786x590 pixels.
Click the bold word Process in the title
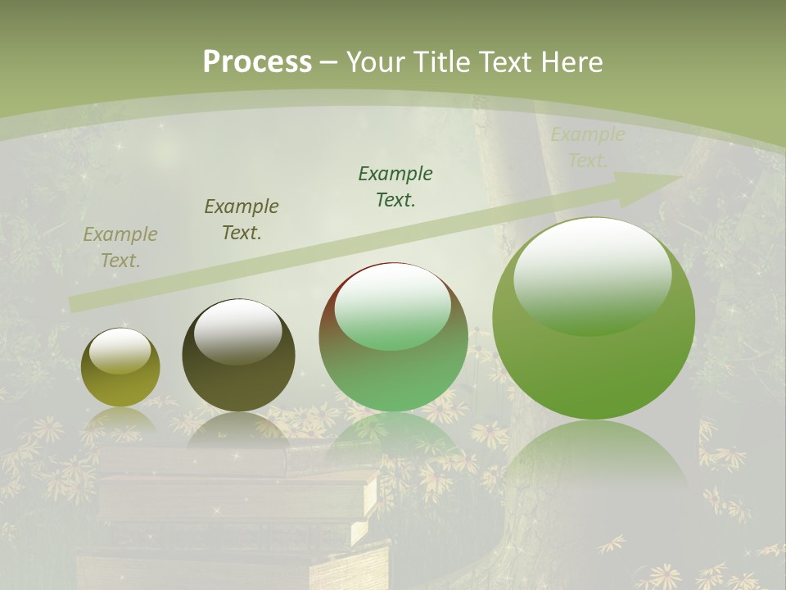(x=257, y=62)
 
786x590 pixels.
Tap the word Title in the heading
(x=441, y=62)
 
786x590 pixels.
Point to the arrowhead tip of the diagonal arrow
(x=680, y=177)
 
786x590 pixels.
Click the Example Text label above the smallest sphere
(x=120, y=247)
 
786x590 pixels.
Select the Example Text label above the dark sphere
(x=242, y=220)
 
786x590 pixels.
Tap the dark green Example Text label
(x=395, y=187)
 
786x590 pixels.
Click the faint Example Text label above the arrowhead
(x=588, y=147)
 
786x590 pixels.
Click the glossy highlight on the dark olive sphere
(x=237, y=332)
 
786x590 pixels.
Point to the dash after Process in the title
(x=329, y=62)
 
